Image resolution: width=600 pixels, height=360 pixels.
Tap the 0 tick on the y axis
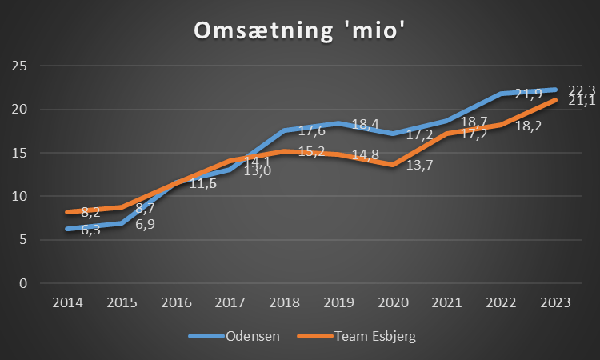click(24, 283)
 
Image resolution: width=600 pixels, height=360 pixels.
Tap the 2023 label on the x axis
click(555, 302)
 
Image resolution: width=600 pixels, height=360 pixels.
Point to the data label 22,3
click(582, 90)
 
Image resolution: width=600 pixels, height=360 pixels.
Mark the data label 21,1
click(582, 101)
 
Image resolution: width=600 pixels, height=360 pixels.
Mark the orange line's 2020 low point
click(392, 165)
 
